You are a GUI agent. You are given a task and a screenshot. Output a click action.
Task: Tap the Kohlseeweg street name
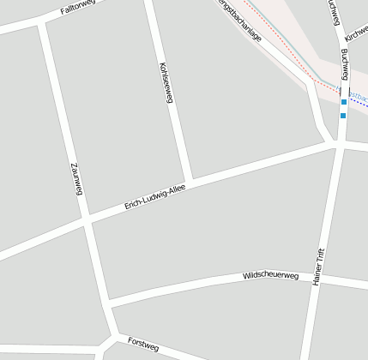(x=166, y=82)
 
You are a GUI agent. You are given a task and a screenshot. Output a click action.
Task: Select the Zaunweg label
(x=75, y=177)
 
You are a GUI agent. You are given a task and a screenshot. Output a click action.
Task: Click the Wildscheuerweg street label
(x=269, y=276)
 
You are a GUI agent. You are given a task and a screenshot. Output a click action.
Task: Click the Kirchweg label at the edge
(x=357, y=33)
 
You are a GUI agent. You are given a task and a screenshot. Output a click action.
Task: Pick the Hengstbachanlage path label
(x=240, y=22)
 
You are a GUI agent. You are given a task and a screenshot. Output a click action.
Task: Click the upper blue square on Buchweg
(x=343, y=102)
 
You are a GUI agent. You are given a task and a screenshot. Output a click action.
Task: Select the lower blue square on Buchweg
(x=343, y=115)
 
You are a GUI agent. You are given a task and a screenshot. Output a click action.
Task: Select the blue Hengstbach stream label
(x=355, y=91)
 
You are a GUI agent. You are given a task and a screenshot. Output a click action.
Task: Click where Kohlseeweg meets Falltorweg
(x=148, y=3)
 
